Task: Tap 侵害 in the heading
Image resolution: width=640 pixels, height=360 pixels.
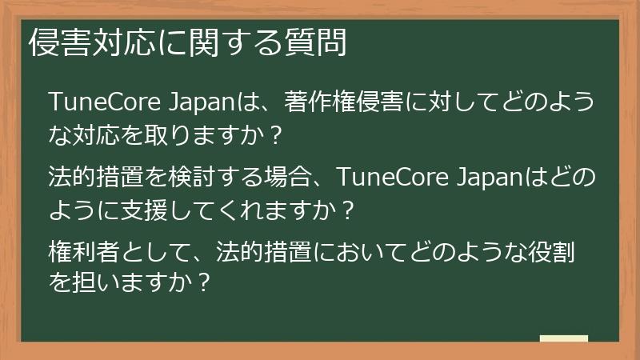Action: click(54, 43)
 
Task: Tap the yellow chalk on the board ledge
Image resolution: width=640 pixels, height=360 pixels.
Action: click(563, 338)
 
